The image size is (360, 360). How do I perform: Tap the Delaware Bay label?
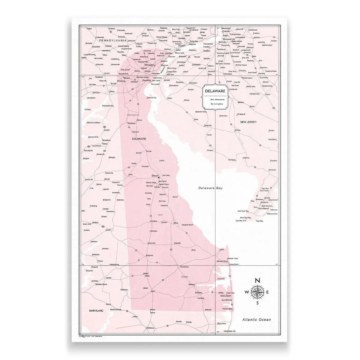tap(211, 188)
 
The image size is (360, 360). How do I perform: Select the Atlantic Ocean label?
tap(257, 319)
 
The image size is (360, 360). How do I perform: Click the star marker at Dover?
tap(159, 177)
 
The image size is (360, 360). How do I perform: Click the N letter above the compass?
tap(257, 281)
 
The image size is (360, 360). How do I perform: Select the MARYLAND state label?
tap(96, 311)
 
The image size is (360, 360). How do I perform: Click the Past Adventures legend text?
tap(214, 99)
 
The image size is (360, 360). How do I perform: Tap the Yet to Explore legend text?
tap(214, 103)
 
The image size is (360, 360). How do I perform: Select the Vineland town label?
tap(241, 114)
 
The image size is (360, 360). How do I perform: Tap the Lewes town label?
tap(222, 249)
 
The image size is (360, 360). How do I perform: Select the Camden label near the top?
tap(225, 31)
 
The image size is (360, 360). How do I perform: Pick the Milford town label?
tap(176, 223)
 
